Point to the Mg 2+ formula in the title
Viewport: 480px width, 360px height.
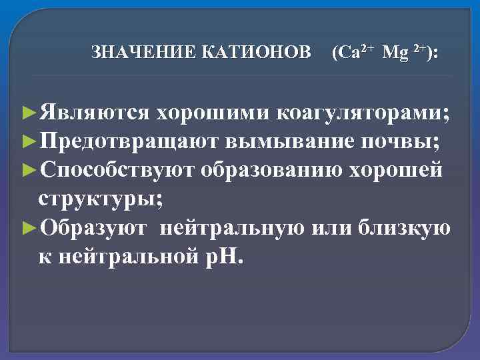(x=407, y=52)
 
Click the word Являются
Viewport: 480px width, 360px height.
(x=94, y=113)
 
